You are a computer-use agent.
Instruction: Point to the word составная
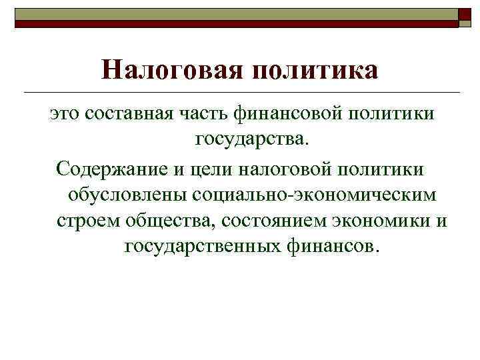pos(130,114)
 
